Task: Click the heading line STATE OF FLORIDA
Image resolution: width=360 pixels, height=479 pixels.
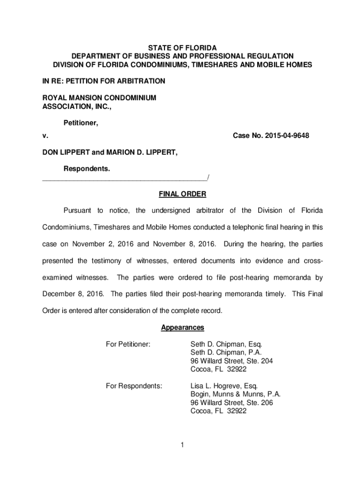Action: pos(182,48)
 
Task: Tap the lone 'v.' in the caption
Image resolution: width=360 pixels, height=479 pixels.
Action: pos(45,136)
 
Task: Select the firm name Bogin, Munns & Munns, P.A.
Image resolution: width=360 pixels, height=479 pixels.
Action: pos(235,394)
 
